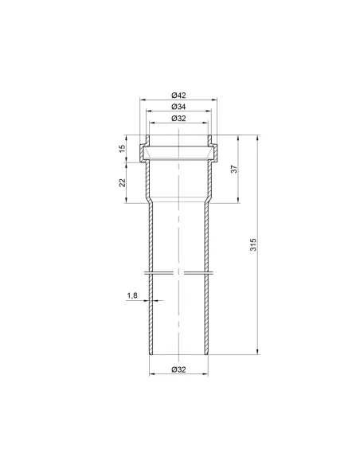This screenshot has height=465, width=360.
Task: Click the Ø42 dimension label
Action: [178, 96]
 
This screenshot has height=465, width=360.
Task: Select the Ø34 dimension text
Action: [178, 107]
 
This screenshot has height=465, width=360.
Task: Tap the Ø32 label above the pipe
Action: [178, 119]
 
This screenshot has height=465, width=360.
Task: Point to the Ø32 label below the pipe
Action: [178, 369]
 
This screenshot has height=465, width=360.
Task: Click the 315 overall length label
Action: [253, 244]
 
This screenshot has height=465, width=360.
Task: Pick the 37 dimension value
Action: [234, 169]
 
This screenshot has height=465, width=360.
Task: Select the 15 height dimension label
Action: [122, 149]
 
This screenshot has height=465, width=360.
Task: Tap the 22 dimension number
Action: [122, 182]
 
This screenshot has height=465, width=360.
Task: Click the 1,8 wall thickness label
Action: [132, 295]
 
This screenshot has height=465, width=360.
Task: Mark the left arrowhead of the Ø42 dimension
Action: [142, 100]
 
